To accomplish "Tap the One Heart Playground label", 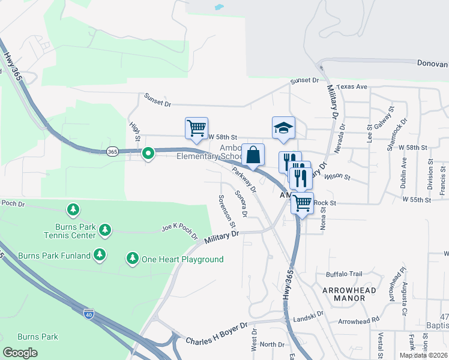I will tap(182, 259).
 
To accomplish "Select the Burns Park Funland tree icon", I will tap(100, 255).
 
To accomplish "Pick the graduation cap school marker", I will tap(283, 127).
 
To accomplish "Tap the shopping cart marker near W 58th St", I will tap(196, 127).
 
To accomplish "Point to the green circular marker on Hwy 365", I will tap(148, 154).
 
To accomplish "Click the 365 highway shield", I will tap(112, 151).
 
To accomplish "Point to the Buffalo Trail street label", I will tap(344, 274).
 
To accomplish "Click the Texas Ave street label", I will tap(351, 86).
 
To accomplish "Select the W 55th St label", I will tap(417, 199).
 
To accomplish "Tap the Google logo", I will tap(20, 352).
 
